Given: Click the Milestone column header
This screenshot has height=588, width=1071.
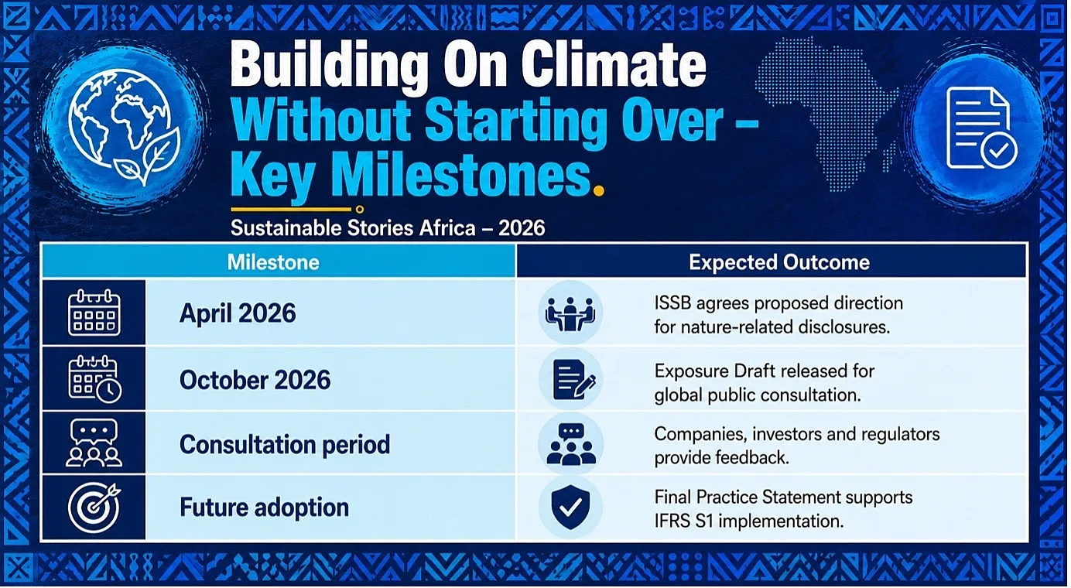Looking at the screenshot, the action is point(273,262).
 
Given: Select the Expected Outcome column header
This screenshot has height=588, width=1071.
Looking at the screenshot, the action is point(779,262).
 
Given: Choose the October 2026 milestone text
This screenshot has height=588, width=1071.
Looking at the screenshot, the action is point(255,380).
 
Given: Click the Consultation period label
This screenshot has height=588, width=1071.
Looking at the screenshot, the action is point(285,445).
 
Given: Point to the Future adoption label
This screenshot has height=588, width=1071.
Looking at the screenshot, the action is point(264,508).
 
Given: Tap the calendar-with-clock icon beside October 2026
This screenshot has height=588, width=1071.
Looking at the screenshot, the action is point(94,379).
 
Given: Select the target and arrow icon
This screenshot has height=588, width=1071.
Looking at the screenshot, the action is point(94,508).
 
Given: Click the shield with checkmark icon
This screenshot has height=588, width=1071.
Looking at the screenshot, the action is point(570,508).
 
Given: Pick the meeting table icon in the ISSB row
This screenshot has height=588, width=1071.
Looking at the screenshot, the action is point(570,313).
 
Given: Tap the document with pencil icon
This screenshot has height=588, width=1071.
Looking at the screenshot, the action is point(573,380).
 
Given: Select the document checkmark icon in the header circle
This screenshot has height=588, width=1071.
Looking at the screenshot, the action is point(981,128).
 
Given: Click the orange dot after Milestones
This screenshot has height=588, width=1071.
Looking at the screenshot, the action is point(598,191).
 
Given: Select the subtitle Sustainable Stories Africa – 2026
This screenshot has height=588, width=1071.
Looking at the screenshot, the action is point(387,228).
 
